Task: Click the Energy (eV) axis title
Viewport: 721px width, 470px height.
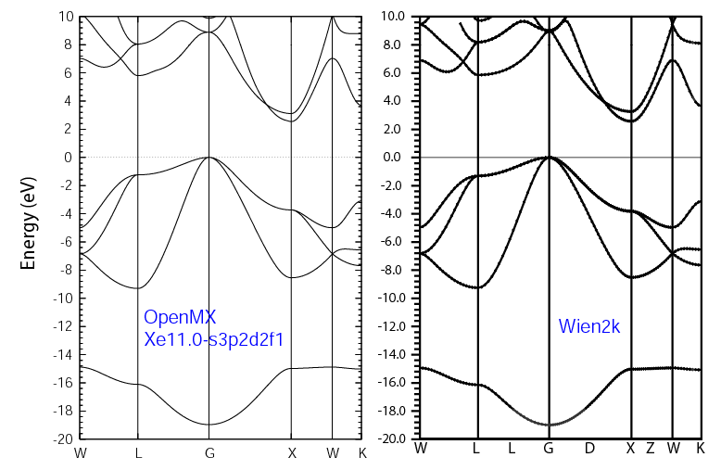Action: (29, 226)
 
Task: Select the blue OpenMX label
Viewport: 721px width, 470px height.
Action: (180, 318)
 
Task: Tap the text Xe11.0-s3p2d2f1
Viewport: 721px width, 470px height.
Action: (213, 339)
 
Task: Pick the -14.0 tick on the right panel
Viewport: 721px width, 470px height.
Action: (396, 354)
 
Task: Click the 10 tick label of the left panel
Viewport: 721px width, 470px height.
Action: (65, 17)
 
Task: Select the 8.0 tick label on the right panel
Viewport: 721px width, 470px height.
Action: (399, 44)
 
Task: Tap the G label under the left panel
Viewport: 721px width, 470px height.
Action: (209, 453)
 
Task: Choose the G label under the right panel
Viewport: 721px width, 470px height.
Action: (549, 449)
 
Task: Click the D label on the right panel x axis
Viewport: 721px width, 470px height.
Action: (589, 449)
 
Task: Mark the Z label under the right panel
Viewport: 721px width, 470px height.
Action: (651, 449)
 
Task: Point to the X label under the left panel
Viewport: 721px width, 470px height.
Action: (291, 453)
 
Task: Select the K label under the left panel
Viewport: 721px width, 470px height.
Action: (361, 453)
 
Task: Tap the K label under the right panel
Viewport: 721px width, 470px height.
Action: (700, 449)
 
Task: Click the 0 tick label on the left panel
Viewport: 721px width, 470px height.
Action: (69, 158)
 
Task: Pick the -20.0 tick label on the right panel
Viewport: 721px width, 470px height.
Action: (396, 438)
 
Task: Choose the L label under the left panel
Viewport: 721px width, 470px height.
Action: (137, 453)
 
